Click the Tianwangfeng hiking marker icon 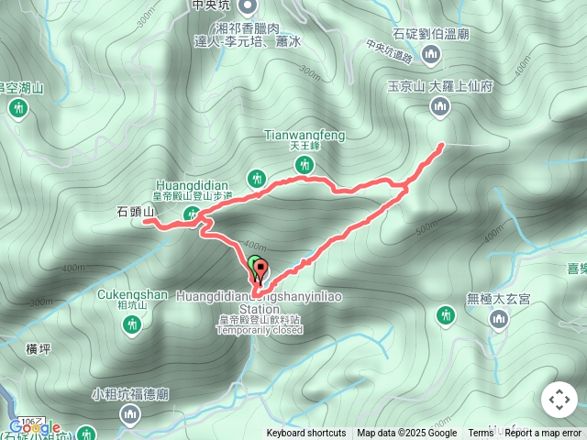tap(305, 164)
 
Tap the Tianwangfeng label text tap(305, 136)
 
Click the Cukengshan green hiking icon tap(133, 324)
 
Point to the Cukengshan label tap(132, 295)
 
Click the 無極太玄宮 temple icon tap(499, 319)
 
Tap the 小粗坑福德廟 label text tap(130, 395)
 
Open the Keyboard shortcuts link tap(306, 434)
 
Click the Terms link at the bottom tap(481, 434)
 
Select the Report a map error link tap(545, 434)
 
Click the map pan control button tap(559, 400)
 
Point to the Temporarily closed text tap(260, 330)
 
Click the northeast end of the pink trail tap(442, 145)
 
